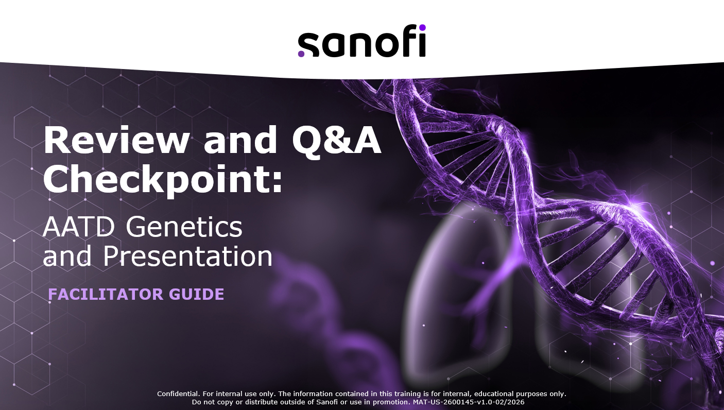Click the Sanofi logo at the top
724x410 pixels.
point(361,41)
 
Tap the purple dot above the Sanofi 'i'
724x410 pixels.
point(422,28)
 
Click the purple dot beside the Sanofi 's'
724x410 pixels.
point(301,54)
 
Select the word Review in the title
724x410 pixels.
point(116,140)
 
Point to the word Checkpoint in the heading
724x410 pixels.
point(156,178)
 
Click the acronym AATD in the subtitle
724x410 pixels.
point(79,227)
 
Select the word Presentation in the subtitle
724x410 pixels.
point(188,256)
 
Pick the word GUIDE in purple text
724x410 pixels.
point(197,294)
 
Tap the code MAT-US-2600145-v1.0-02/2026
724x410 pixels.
point(469,402)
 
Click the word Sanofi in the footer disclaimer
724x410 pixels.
point(327,402)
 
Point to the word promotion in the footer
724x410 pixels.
point(391,403)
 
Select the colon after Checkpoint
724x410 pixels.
point(277,182)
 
